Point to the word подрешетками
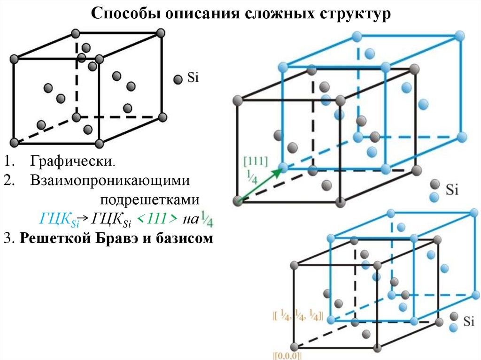(x=150, y=199)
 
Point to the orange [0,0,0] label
(x=287, y=355)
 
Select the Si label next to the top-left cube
(x=193, y=78)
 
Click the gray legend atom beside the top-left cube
(x=178, y=79)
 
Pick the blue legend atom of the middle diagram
(x=435, y=197)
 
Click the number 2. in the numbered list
(x=10, y=180)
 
